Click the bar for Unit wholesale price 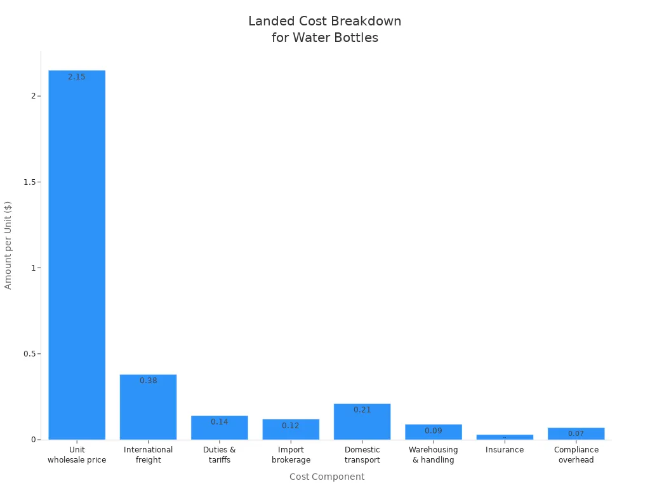(x=77, y=254)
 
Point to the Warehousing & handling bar (x=434, y=433)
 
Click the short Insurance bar (x=505, y=437)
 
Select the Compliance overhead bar (x=576, y=433)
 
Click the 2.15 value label (x=77, y=77)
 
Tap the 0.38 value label (x=148, y=381)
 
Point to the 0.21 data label (x=362, y=410)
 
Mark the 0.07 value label (x=576, y=434)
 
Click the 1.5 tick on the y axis (x=28, y=182)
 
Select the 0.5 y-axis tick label (x=28, y=354)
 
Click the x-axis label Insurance (x=505, y=450)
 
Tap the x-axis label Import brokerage (x=291, y=455)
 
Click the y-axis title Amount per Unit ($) (x=8, y=245)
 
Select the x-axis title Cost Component (x=327, y=477)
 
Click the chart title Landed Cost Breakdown (x=324, y=22)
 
